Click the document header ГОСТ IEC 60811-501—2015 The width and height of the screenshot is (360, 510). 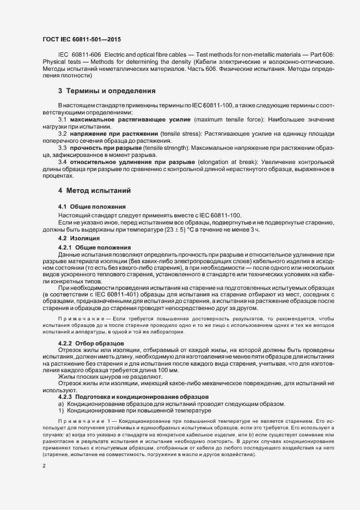pos(82,39)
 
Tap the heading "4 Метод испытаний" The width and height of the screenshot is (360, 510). pos(94,191)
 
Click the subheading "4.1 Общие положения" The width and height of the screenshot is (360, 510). pos(92,207)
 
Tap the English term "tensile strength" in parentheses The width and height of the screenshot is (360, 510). pos(179,148)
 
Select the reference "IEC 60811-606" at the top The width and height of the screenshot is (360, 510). pos(78,56)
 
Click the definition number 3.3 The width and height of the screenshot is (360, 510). pos(62,148)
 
